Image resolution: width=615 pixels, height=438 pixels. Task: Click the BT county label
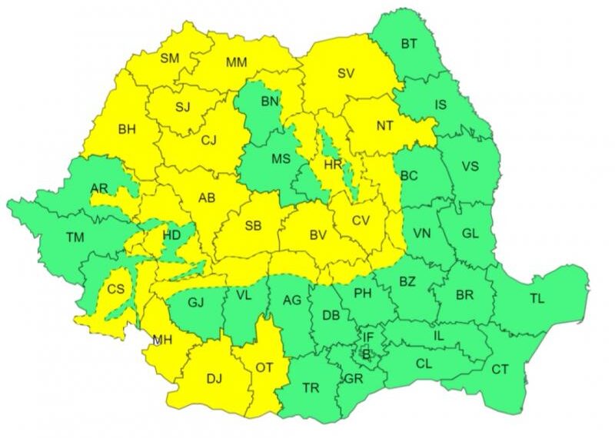(x=409, y=45)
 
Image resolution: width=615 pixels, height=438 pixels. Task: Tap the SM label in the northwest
(x=170, y=58)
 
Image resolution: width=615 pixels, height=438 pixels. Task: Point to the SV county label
(x=348, y=74)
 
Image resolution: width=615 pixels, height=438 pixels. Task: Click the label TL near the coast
(x=537, y=299)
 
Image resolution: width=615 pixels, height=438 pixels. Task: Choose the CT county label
(x=500, y=370)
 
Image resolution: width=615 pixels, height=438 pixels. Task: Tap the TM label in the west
(x=75, y=237)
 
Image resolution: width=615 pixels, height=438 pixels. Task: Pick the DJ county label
(x=214, y=377)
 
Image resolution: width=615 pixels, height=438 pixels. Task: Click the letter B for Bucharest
(x=366, y=354)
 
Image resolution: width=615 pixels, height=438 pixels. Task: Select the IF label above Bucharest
(x=367, y=337)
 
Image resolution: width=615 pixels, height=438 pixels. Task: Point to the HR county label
(x=332, y=164)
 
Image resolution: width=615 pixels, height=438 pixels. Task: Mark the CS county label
(x=115, y=289)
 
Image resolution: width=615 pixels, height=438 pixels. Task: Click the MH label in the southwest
(x=162, y=340)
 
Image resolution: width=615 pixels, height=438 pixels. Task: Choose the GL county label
(x=470, y=234)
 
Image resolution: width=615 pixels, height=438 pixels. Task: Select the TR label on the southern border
(x=311, y=389)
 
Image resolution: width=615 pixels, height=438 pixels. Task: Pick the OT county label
(x=264, y=368)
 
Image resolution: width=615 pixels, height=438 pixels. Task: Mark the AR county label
(x=98, y=188)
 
